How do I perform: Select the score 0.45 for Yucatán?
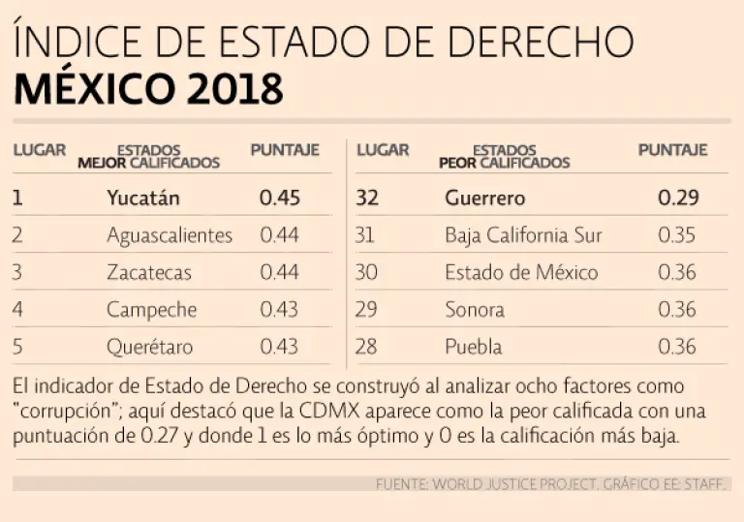(280, 198)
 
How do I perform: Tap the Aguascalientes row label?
(170, 235)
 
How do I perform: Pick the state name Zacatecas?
(149, 273)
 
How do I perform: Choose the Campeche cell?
(152, 311)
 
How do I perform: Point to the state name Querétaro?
(150, 348)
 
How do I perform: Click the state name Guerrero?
(485, 198)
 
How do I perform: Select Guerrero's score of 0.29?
(678, 198)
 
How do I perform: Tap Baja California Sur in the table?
(523, 235)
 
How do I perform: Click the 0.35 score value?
(677, 235)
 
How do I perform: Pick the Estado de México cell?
(521, 273)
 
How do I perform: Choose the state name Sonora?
(475, 311)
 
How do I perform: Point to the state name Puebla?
(474, 348)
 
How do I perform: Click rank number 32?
(367, 198)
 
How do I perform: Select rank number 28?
(366, 348)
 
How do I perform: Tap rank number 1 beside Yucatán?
(17, 198)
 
